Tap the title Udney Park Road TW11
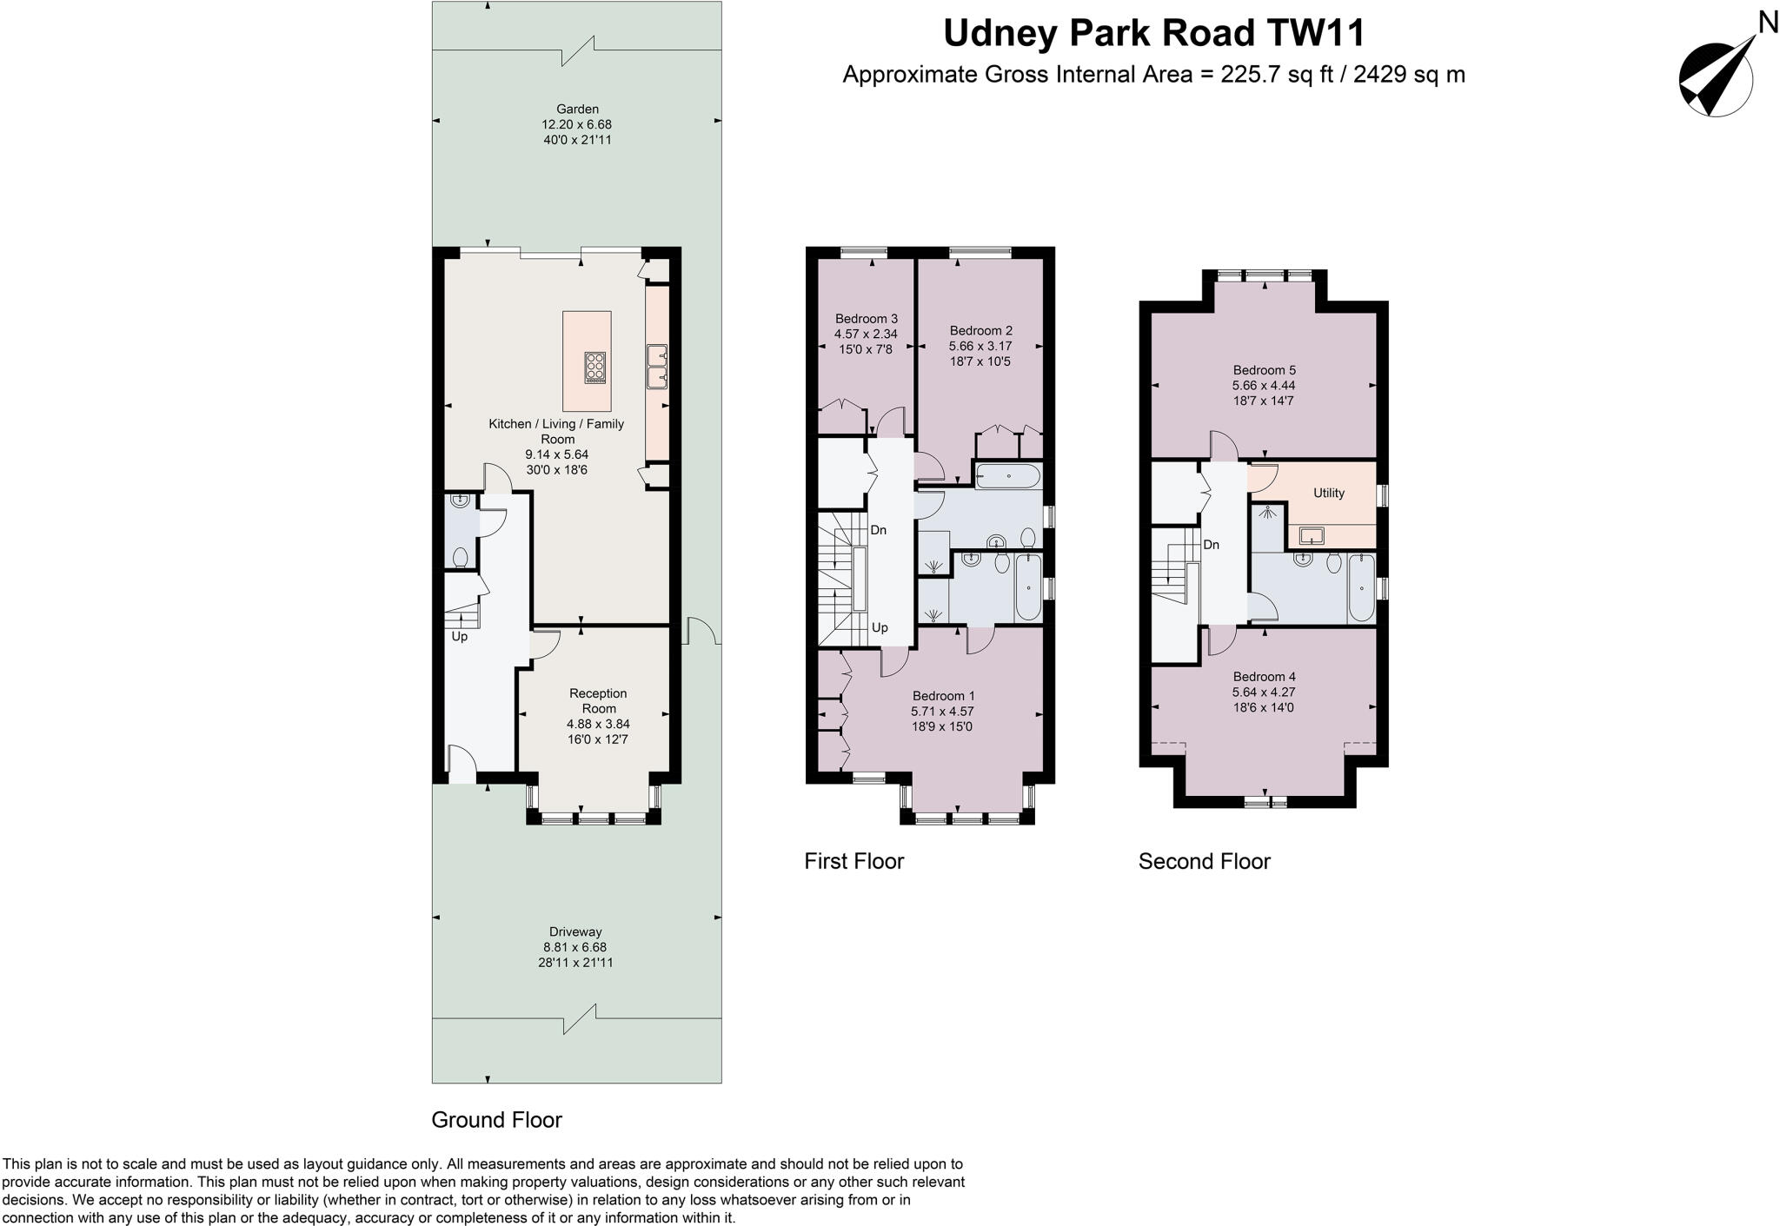coord(1153,34)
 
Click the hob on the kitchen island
coord(595,368)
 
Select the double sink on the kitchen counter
coord(656,366)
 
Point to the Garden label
coord(577,109)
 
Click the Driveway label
coord(575,931)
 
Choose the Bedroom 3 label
coord(866,319)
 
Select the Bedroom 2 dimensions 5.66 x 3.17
coord(980,346)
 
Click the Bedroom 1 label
coord(943,696)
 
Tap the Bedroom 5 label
coord(1264,370)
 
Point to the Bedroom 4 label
coord(1264,677)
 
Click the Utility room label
coord(1328,493)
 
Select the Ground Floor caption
coord(496,1120)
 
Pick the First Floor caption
coord(853,861)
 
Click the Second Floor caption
coord(1204,861)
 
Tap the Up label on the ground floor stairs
coord(459,637)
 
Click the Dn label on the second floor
coord(1211,545)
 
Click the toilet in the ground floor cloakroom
coord(461,555)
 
